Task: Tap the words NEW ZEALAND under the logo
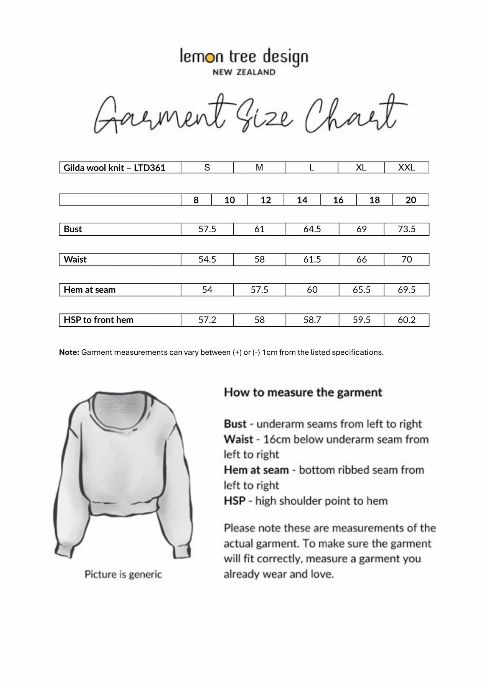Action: pyautogui.click(x=244, y=72)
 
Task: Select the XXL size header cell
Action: pyautogui.click(x=406, y=167)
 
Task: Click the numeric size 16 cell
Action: pyautogui.click(x=338, y=200)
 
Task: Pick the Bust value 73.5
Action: pyautogui.click(x=406, y=229)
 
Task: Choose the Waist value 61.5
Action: pyautogui.click(x=312, y=260)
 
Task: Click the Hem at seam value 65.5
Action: pyautogui.click(x=361, y=290)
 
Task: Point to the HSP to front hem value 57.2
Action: pyautogui.click(x=207, y=320)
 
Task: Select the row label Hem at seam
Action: pyautogui.click(x=89, y=290)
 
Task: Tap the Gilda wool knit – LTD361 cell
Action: pyautogui.click(x=114, y=168)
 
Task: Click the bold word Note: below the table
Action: pyautogui.click(x=69, y=352)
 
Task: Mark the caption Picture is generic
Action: pyautogui.click(x=123, y=574)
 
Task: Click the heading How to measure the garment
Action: pyautogui.click(x=303, y=392)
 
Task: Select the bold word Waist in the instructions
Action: pyautogui.click(x=239, y=439)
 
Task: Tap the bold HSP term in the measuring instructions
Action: pyautogui.click(x=234, y=501)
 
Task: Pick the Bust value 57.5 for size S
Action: pyautogui.click(x=207, y=229)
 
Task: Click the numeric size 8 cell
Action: pyautogui.click(x=196, y=200)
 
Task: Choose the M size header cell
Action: pyautogui.click(x=259, y=167)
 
